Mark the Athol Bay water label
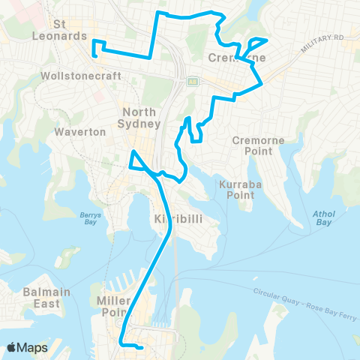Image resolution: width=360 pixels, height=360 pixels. [323, 217]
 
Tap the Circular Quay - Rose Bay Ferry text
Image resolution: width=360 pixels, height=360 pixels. [307, 304]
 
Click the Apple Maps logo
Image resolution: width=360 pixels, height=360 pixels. [25, 346]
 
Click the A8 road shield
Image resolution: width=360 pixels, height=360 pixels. [193, 81]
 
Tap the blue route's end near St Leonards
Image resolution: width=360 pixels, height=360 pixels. [93, 54]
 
